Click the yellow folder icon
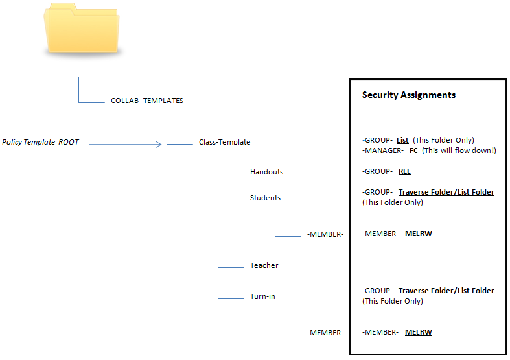tap(82, 30)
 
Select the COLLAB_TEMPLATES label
tap(147, 101)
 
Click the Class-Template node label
tap(224, 142)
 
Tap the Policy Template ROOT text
tap(41, 142)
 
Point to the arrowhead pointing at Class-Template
tap(157, 144)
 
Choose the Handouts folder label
tap(266, 173)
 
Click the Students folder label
tap(265, 198)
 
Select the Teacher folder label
tap(264, 265)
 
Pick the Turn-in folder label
tap(262, 296)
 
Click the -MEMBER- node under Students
tap(325, 234)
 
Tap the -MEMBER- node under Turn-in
tap(325, 333)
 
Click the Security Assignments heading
tap(408, 95)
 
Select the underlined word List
tap(402, 140)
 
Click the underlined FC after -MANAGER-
tap(413, 150)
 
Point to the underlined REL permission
tap(404, 172)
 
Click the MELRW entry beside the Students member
tap(418, 234)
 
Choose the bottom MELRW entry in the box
tap(418, 332)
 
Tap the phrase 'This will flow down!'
tap(459, 150)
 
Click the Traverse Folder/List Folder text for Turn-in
tap(446, 291)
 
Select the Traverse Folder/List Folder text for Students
tap(446, 192)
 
